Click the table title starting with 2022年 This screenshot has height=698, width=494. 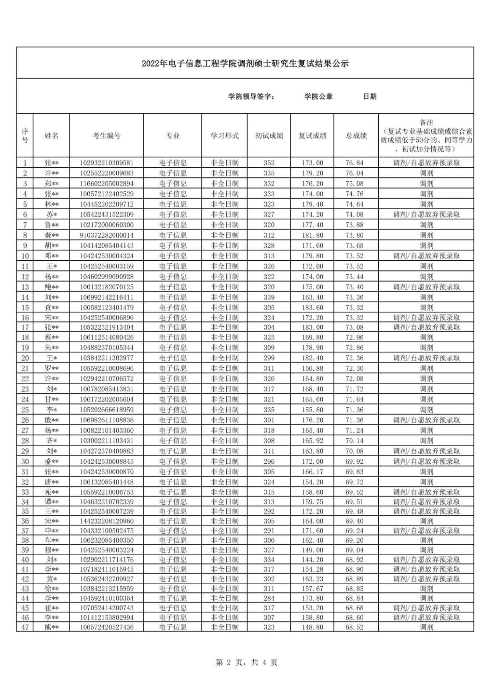(x=245, y=64)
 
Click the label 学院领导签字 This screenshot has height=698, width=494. (x=252, y=96)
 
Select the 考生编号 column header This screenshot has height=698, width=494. (x=107, y=136)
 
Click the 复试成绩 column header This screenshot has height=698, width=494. (x=312, y=136)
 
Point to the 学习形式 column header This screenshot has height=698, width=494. (x=224, y=136)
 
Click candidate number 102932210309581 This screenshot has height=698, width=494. (x=107, y=163)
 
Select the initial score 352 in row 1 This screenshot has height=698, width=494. (x=269, y=163)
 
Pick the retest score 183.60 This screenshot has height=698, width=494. (x=312, y=308)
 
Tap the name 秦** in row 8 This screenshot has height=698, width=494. (x=52, y=235)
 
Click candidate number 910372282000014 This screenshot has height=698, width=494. (x=107, y=235)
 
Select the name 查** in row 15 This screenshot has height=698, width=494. (x=52, y=308)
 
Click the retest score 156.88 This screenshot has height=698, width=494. (x=312, y=368)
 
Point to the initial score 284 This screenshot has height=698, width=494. (x=269, y=598)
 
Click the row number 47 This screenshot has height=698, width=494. (x=25, y=627)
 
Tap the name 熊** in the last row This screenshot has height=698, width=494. (x=52, y=627)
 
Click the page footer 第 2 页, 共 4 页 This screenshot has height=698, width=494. (x=247, y=663)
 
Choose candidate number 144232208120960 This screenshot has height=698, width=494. (x=107, y=521)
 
